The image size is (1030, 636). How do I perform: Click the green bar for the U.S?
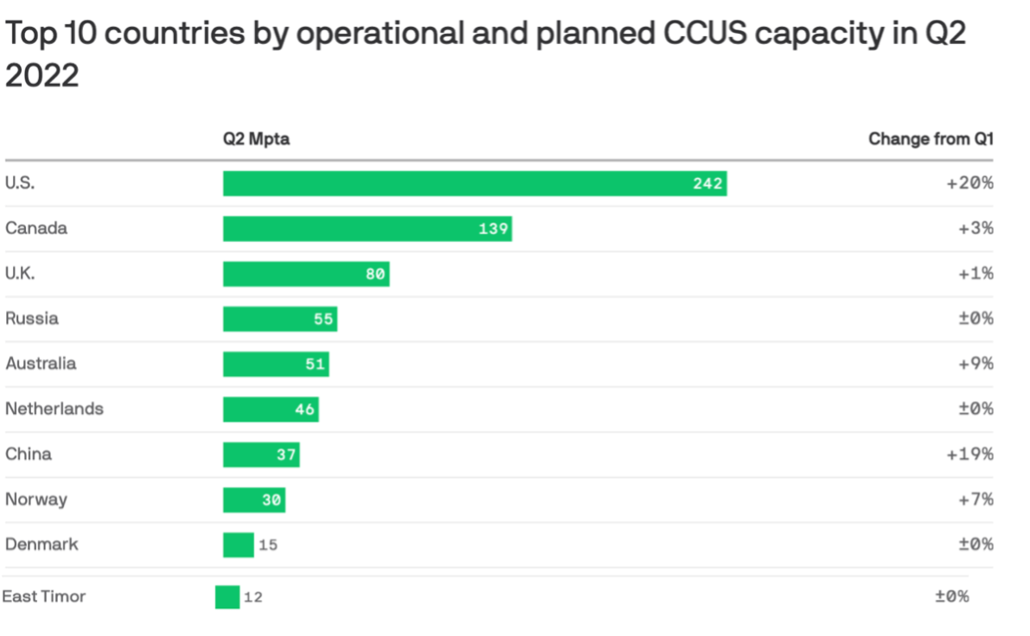tap(474, 183)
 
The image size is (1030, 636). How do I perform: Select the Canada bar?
tap(367, 229)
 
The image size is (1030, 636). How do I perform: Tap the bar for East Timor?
tap(227, 597)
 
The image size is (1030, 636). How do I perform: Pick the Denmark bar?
tap(238, 545)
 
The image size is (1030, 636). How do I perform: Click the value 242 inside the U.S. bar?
tap(707, 184)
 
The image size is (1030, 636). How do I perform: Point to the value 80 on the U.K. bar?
tap(374, 274)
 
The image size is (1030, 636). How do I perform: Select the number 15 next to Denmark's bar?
tap(268, 545)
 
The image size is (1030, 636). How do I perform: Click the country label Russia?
tap(32, 318)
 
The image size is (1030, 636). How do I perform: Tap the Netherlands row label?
tap(54, 409)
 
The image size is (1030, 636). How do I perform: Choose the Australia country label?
tap(41, 364)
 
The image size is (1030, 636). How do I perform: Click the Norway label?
tap(35, 499)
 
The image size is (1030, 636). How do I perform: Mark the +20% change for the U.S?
tap(970, 184)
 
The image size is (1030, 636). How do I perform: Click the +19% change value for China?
tap(970, 455)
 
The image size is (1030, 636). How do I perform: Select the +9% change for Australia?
tap(976, 364)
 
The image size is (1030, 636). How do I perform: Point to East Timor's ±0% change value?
tap(951, 597)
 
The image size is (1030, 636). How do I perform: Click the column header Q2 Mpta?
tap(256, 139)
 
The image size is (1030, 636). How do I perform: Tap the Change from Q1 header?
tap(931, 139)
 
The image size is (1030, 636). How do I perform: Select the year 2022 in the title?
tap(42, 76)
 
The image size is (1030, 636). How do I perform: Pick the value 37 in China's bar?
tap(286, 455)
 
